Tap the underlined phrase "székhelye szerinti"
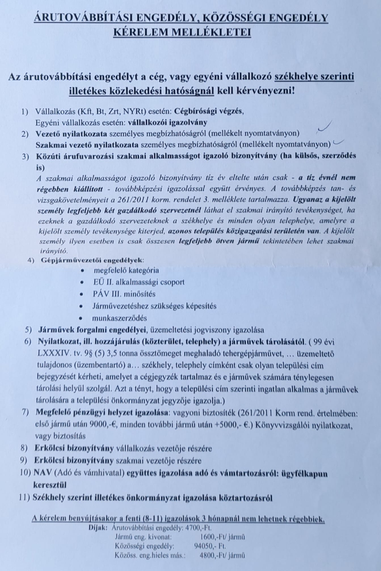click(x=314, y=77)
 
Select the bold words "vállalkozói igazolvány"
click(x=168, y=122)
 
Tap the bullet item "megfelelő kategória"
click(x=126, y=270)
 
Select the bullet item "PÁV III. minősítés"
click(x=124, y=294)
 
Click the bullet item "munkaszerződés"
click(x=119, y=318)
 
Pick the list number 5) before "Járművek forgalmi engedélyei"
click(x=29, y=330)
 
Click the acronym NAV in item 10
click(x=41, y=473)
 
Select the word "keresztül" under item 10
click(x=50, y=485)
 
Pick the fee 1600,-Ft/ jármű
click(x=222, y=537)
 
